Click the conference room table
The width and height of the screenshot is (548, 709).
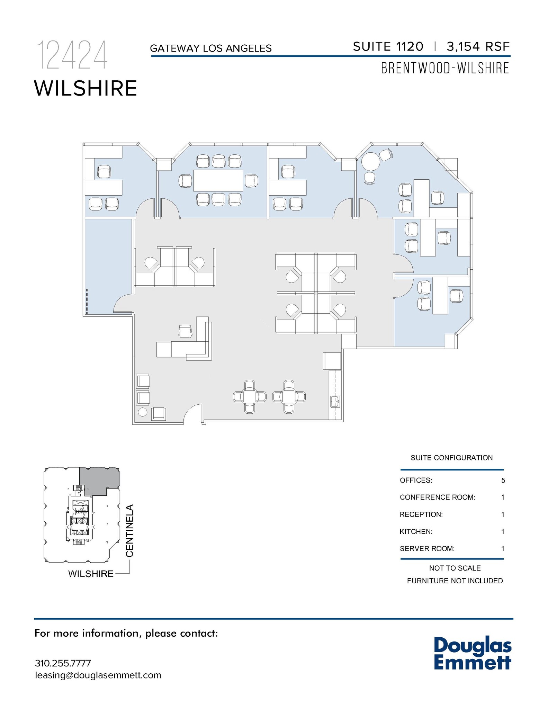(218, 180)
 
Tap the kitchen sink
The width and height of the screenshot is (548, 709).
(335, 402)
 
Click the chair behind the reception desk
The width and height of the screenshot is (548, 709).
(186, 331)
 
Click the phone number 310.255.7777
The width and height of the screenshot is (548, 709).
(63, 663)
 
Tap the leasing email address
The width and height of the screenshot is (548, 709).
(98, 675)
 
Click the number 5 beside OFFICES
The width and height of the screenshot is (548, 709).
(503, 481)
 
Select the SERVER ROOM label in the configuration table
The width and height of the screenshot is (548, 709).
(427, 549)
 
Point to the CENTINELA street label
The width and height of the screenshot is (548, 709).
(129, 531)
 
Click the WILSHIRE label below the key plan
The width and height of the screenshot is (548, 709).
(91, 574)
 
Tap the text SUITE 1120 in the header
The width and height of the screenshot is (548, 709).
(388, 46)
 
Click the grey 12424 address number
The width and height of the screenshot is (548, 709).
(72, 55)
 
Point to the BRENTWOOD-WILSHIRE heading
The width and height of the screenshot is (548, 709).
(445, 68)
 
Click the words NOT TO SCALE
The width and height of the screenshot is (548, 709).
(455, 568)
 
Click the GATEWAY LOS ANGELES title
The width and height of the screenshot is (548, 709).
(211, 48)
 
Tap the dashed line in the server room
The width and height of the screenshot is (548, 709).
(87, 301)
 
